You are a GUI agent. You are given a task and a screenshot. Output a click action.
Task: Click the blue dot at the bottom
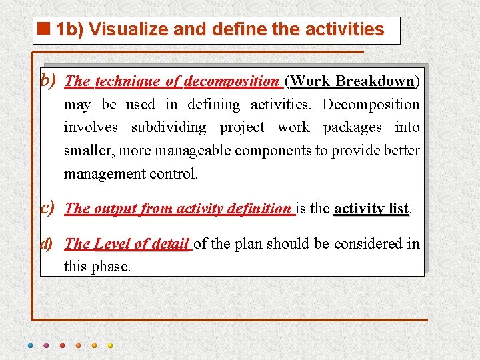click(x=30, y=345)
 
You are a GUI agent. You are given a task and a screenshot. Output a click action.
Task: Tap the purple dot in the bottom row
click(x=46, y=345)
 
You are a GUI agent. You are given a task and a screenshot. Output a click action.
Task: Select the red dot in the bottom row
click(x=62, y=345)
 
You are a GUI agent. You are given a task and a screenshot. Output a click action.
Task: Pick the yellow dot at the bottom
click(x=110, y=345)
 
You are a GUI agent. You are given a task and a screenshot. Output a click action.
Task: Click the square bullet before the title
click(x=45, y=29)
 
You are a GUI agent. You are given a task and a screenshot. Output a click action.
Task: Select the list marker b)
click(x=48, y=81)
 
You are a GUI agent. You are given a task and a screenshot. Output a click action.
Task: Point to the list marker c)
click(x=48, y=208)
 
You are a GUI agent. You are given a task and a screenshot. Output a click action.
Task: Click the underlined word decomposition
click(x=231, y=81)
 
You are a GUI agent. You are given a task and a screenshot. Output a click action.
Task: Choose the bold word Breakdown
click(x=375, y=81)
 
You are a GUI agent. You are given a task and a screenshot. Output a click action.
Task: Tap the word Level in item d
click(x=111, y=244)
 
